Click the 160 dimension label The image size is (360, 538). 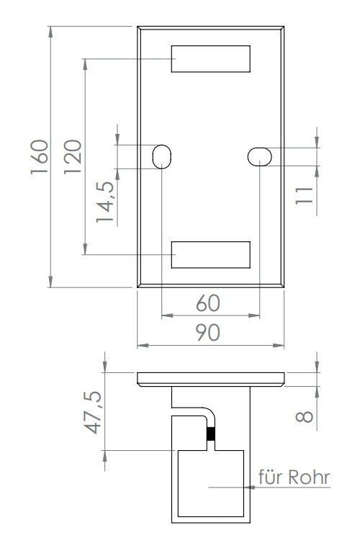(39, 156)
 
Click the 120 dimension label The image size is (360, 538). (73, 156)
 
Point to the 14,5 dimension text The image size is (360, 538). (105, 202)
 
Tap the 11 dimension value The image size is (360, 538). (304, 196)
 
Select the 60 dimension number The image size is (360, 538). (208, 303)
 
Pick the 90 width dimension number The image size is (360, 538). (208, 332)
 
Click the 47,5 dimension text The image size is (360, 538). (93, 412)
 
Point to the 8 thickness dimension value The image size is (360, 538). (304, 416)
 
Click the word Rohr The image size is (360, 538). (309, 478)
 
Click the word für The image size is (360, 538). (271, 477)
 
